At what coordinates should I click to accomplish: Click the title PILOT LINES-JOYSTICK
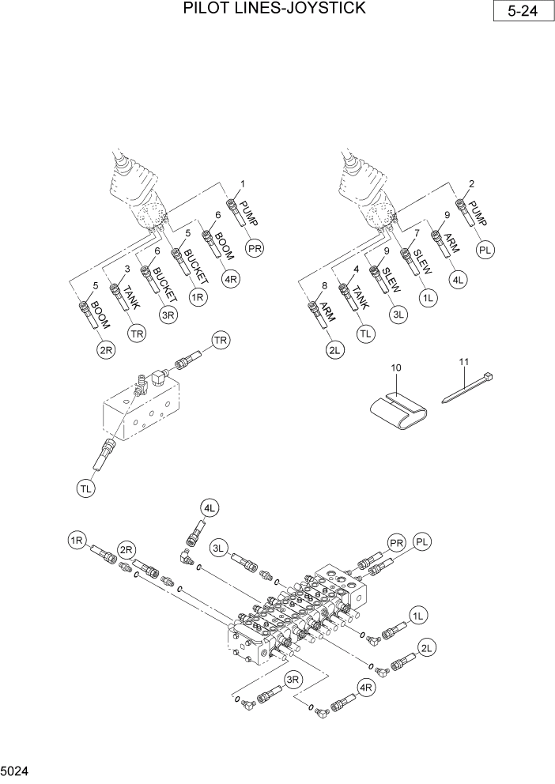(274, 9)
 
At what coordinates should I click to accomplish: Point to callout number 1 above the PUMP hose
(243, 184)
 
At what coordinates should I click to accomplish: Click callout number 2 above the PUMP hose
(471, 184)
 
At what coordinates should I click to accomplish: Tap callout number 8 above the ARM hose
(324, 286)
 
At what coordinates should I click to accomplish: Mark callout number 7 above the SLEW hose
(416, 233)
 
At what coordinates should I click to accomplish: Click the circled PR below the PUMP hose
(254, 247)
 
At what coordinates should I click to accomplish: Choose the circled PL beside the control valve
(423, 541)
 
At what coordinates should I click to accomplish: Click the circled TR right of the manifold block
(221, 340)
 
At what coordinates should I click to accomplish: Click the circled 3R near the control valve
(293, 679)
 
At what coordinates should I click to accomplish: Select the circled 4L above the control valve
(210, 508)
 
